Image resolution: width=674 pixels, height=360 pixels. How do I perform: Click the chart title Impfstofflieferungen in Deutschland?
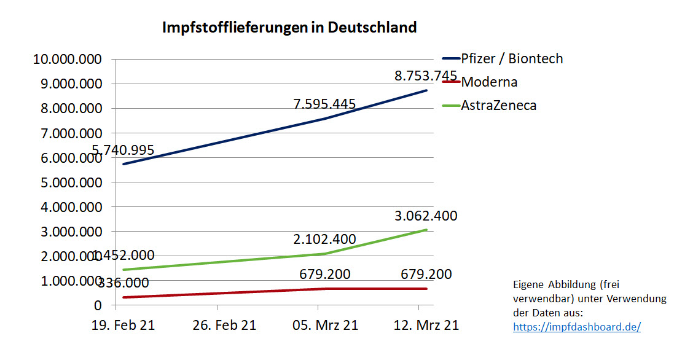[x=289, y=28]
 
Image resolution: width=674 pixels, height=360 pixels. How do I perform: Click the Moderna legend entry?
[x=489, y=82]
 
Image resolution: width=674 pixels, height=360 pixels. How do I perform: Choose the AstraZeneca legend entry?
[x=498, y=105]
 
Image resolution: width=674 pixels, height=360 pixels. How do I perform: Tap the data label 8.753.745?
[x=426, y=76]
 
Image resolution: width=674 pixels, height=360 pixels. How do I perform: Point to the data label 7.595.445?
[x=324, y=104]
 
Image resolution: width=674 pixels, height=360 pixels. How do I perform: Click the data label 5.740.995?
[x=123, y=149]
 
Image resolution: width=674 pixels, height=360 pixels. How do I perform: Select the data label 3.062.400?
[x=426, y=216]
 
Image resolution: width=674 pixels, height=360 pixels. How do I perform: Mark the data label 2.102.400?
[x=324, y=239]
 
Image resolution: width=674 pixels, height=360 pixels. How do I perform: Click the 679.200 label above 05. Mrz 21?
[x=324, y=274]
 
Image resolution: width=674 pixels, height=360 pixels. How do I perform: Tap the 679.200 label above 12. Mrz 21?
[x=426, y=274]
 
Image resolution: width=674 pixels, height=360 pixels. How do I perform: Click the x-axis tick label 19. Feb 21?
[x=123, y=325]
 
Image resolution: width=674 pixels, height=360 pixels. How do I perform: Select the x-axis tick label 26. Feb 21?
[x=224, y=325]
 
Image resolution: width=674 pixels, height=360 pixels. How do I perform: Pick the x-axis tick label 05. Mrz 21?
[x=325, y=325]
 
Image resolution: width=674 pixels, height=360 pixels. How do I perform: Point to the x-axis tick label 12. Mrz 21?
[x=426, y=325]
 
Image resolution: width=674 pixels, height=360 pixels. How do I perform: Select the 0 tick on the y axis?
[x=96, y=305]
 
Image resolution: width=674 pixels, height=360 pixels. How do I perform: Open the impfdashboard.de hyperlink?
[x=576, y=327]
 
